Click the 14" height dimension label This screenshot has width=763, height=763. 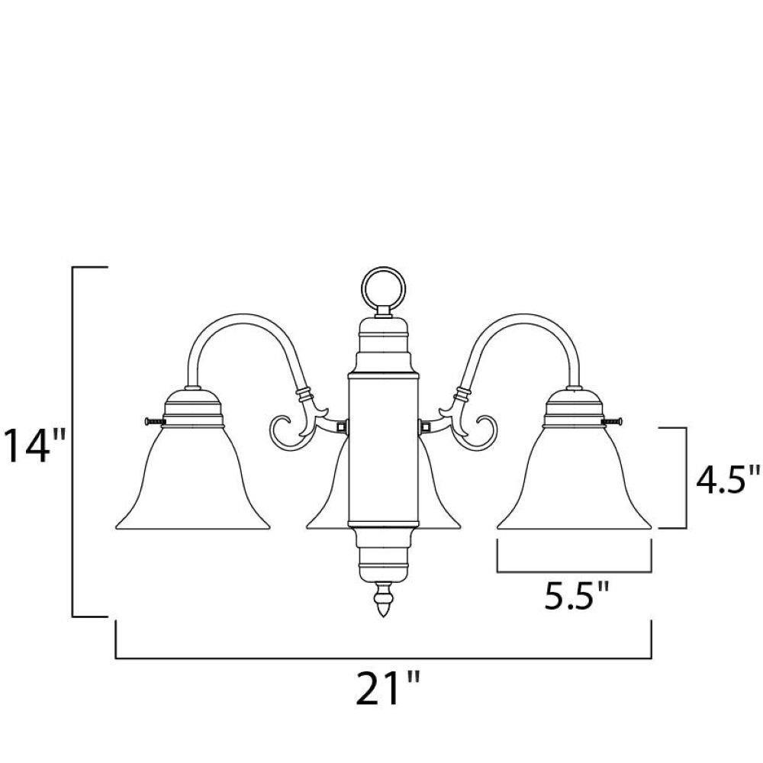(x=34, y=445)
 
